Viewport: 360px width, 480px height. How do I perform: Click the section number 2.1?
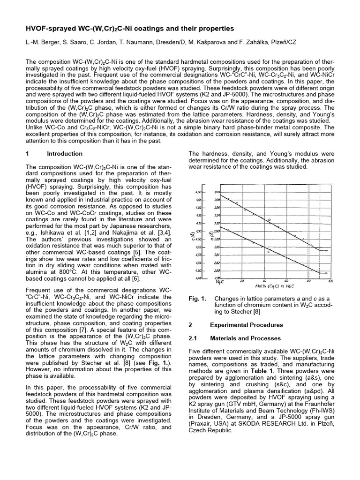(193, 338)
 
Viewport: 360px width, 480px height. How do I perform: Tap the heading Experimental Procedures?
(246, 325)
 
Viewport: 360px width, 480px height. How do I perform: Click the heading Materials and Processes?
(245, 338)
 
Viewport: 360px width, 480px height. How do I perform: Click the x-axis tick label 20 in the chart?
(242, 281)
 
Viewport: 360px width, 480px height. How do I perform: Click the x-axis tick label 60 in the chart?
(286, 281)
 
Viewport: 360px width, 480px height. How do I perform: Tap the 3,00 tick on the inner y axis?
(217, 192)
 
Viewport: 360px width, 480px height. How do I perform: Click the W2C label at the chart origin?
(219, 282)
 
